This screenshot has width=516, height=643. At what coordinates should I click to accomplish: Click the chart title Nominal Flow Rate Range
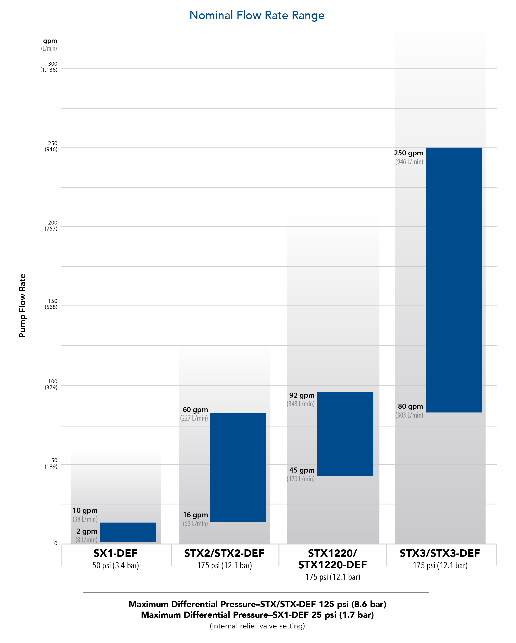257,15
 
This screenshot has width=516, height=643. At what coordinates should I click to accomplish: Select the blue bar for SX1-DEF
128,532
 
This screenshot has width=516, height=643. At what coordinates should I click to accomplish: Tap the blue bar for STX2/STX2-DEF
238,467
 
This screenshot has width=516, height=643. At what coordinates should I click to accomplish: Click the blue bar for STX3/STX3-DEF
454,280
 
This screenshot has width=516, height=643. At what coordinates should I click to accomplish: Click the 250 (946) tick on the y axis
51,146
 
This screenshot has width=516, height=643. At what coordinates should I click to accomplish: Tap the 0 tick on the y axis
56,543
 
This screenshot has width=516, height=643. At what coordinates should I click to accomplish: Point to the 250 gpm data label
408,153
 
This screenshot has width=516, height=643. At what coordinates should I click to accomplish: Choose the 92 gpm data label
302,395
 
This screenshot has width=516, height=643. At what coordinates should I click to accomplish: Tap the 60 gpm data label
195,409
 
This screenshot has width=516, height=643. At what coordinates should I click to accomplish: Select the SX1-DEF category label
115,553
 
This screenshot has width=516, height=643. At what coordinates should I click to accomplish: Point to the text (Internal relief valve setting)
257,626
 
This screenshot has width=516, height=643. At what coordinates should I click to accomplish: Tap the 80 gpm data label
410,406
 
